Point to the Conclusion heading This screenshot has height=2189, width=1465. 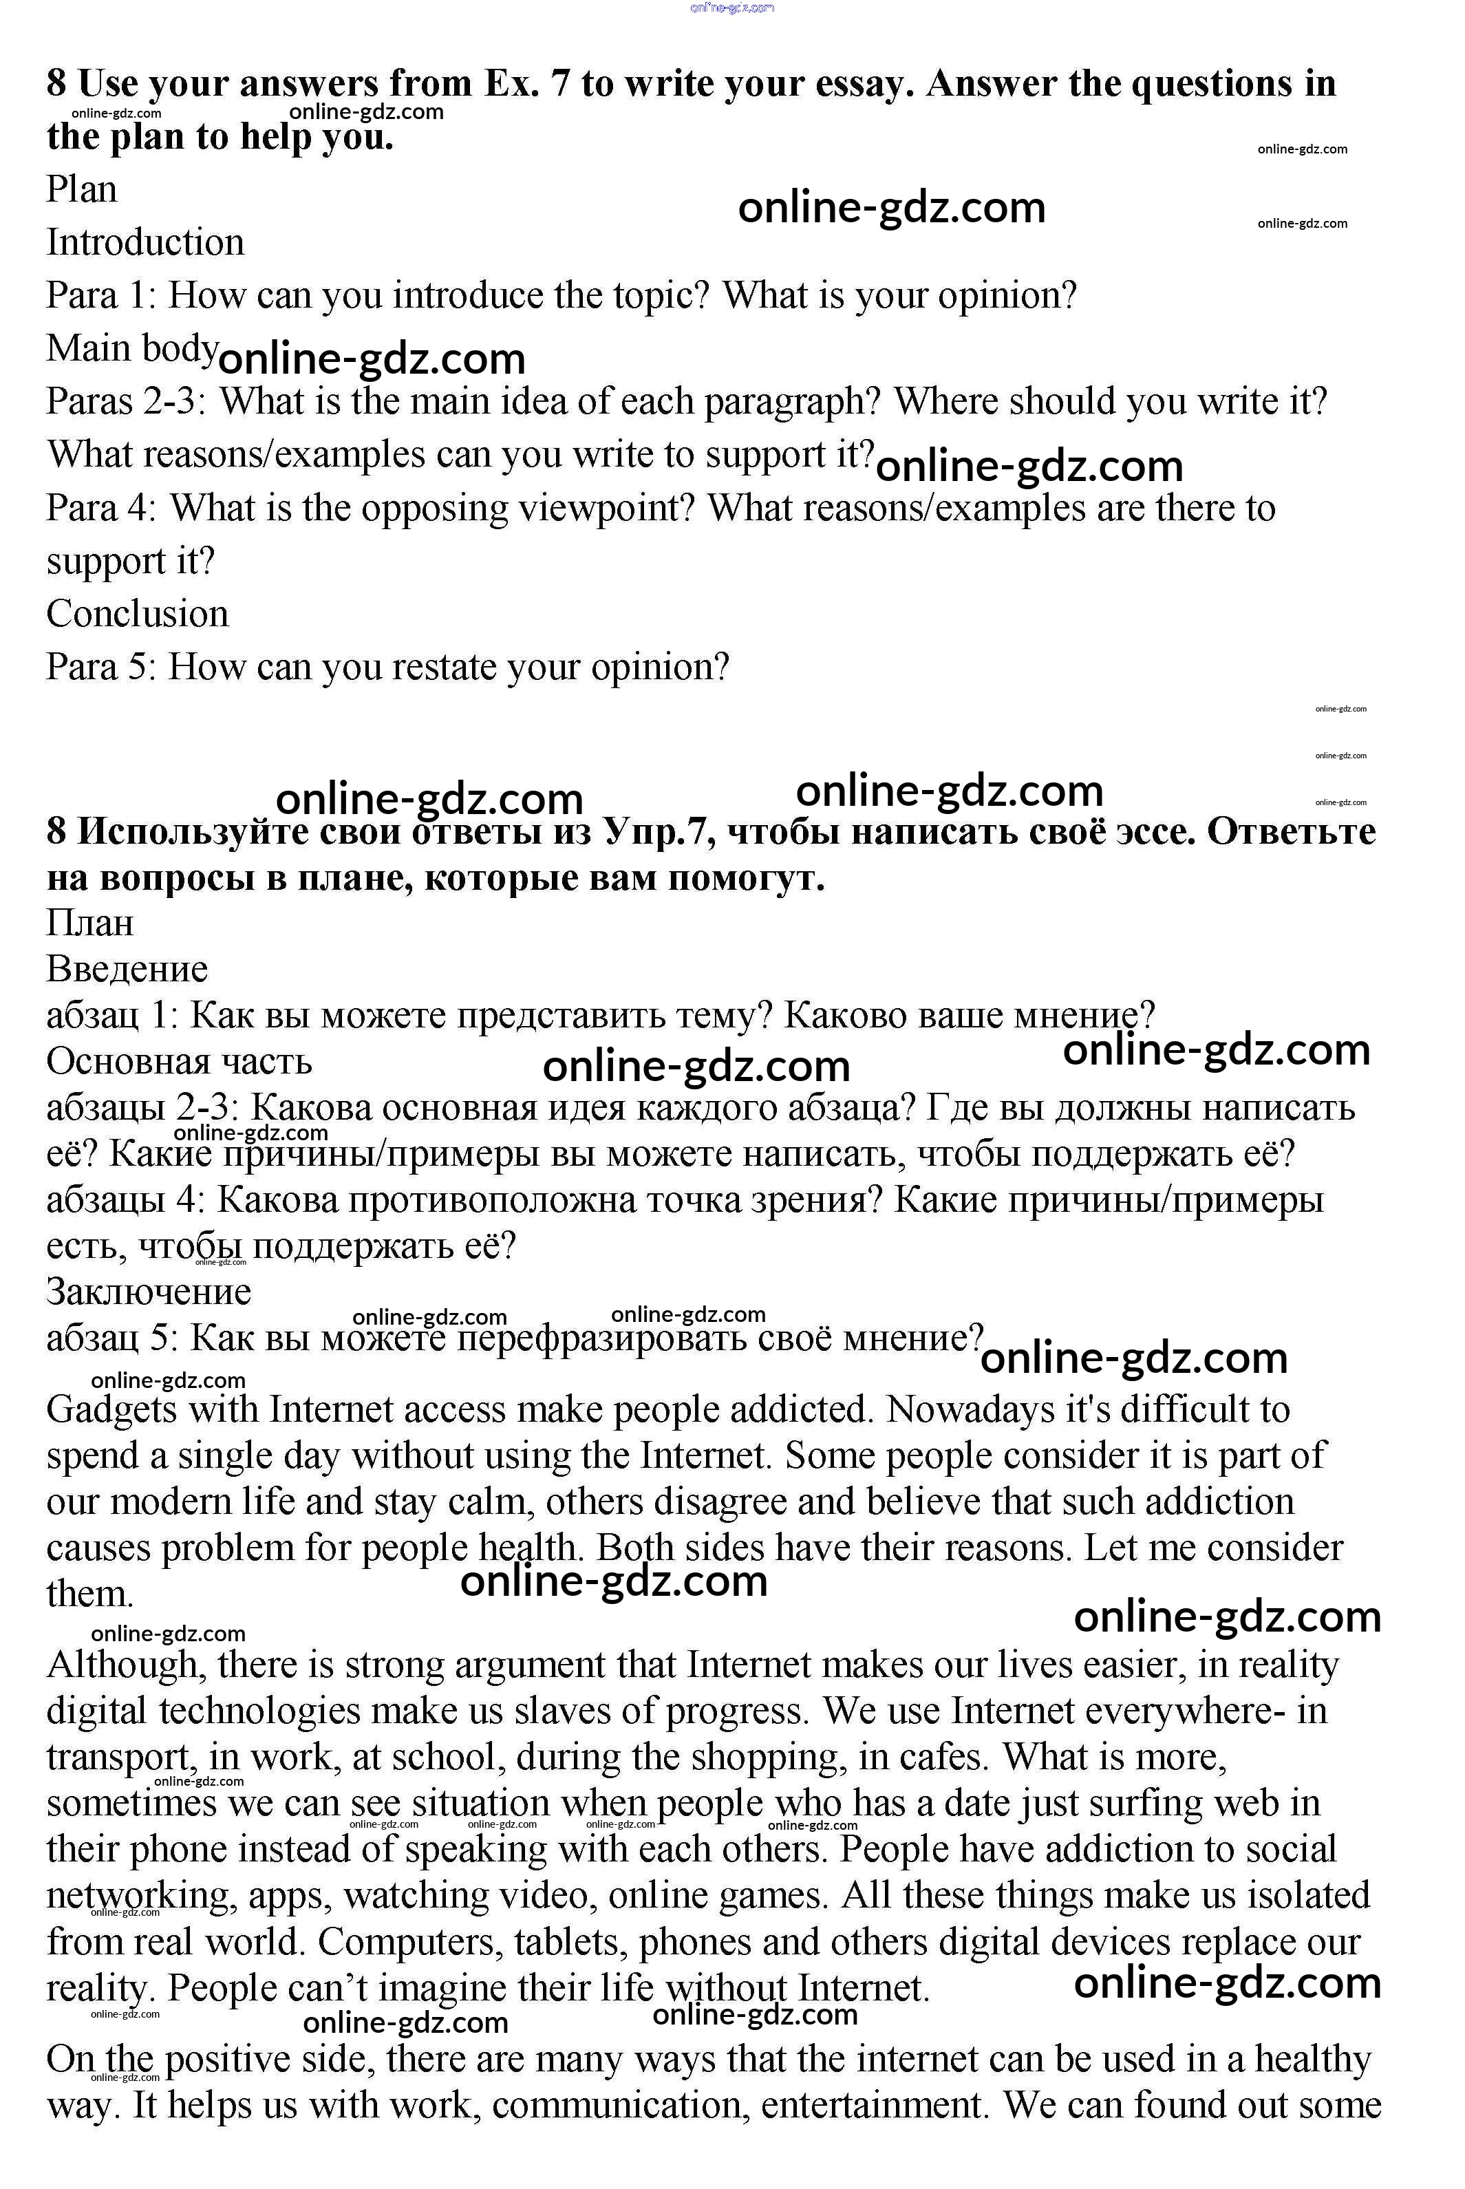(x=138, y=615)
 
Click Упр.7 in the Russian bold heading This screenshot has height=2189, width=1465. (x=658, y=831)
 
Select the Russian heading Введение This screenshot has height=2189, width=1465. (x=127, y=970)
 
